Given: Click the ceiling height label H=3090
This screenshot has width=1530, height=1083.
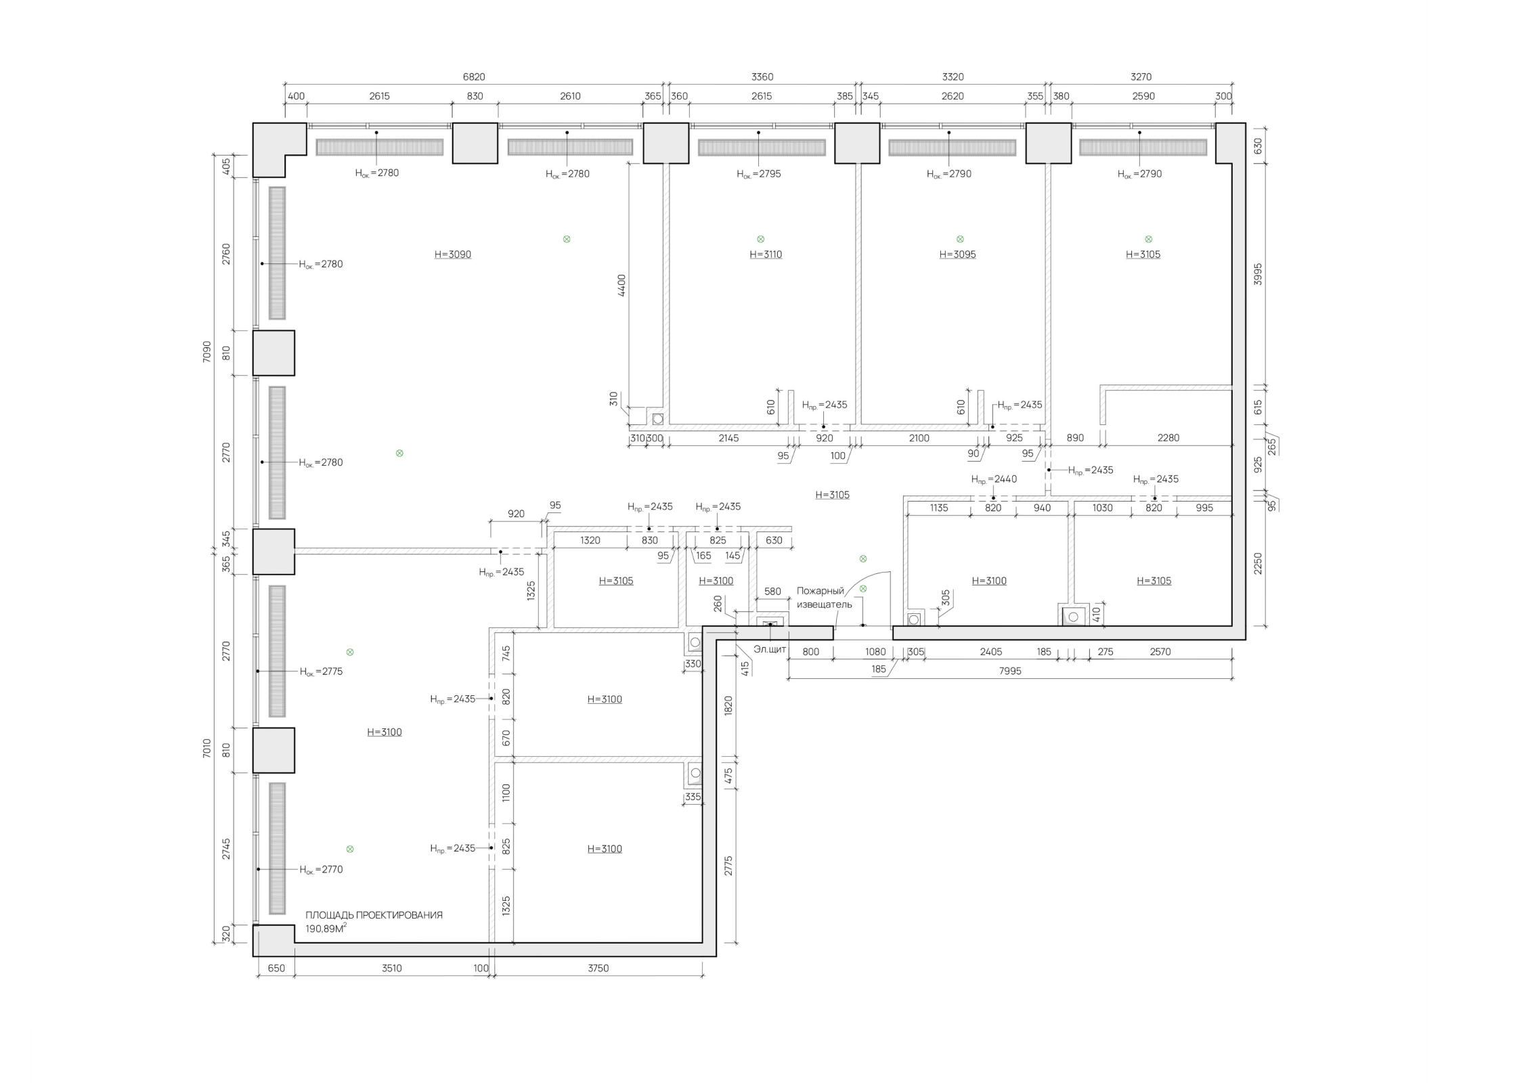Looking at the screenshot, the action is pyautogui.click(x=452, y=255).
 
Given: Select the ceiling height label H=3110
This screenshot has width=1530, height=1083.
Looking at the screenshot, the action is pyautogui.click(x=766, y=255).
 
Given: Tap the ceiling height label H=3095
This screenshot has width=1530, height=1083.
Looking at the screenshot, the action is pyautogui.click(x=957, y=255).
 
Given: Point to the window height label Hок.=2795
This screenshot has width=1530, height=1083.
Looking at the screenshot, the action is pyautogui.click(x=759, y=174).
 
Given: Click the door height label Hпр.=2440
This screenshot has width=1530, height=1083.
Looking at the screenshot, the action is pyautogui.click(x=994, y=479).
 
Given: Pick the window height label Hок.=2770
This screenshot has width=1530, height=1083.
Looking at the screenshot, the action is pyautogui.click(x=321, y=870).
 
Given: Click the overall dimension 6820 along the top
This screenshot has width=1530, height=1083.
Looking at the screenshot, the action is pyautogui.click(x=474, y=77).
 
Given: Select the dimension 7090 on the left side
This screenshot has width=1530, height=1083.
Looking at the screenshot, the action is pyautogui.click(x=207, y=351).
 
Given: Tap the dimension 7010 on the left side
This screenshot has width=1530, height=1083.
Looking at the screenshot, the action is pyautogui.click(x=207, y=748).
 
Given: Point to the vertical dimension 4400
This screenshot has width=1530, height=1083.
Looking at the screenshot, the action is pyautogui.click(x=621, y=285).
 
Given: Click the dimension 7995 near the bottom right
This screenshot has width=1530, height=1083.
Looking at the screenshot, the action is pyautogui.click(x=1010, y=671).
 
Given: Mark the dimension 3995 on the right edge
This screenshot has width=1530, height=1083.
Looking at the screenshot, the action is pyautogui.click(x=1258, y=273).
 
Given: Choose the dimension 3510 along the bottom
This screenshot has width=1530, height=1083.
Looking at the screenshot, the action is pyautogui.click(x=391, y=968).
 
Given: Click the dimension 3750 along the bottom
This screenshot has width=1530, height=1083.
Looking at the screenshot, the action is pyautogui.click(x=598, y=968).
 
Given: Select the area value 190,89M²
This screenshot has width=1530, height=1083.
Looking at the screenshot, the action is pyautogui.click(x=326, y=929).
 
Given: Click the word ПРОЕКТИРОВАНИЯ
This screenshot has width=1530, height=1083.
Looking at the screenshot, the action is pyautogui.click(x=399, y=915).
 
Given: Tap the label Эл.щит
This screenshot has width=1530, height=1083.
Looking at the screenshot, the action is pyautogui.click(x=770, y=650).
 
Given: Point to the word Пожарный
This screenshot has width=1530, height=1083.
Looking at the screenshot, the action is pyautogui.click(x=821, y=591).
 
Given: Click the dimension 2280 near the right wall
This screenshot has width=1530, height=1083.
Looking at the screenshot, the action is pyautogui.click(x=1168, y=438).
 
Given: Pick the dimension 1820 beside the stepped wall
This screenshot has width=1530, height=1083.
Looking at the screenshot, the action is pyautogui.click(x=728, y=706).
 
